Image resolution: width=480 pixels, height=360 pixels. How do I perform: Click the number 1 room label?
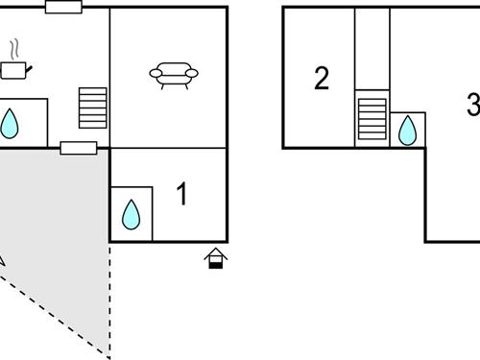click(x=182, y=195)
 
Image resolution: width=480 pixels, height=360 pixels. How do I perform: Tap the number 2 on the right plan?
click(x=322, y=79)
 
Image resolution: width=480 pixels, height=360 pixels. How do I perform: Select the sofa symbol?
click(x=174, y=75)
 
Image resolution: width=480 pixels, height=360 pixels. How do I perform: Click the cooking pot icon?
click(x=13, y=69)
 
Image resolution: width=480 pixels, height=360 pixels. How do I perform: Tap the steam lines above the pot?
click(x=16, y=48)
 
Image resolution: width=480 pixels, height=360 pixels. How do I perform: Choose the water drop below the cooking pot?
click(x=11, y=123)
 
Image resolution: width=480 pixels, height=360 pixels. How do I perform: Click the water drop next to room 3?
click(x=407, y=130)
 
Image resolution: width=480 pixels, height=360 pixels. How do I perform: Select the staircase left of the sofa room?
click(x=93, y=108)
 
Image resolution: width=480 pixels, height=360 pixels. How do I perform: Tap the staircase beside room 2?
click(x=371, y=118)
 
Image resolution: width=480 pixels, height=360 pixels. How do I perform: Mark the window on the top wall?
click(x=63, y=8)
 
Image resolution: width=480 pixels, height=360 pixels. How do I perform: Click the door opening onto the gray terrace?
click(x=78, y=148)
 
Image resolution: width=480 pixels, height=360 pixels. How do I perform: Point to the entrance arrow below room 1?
click(x=217, y=257)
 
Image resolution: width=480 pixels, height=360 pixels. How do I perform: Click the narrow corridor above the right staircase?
click(x=372, y=48)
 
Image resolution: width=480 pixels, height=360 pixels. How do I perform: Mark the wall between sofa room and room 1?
click(x=169, y=148)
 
